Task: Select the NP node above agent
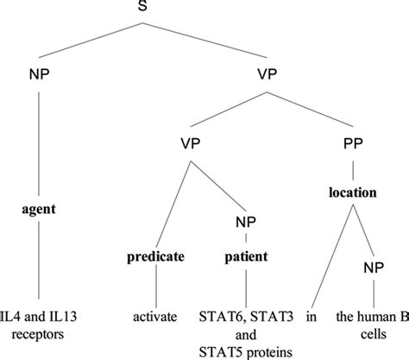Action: [37, 75]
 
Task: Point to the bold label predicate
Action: [156, 256]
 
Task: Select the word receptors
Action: [38, 332]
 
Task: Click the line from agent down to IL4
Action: [37, 259]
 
